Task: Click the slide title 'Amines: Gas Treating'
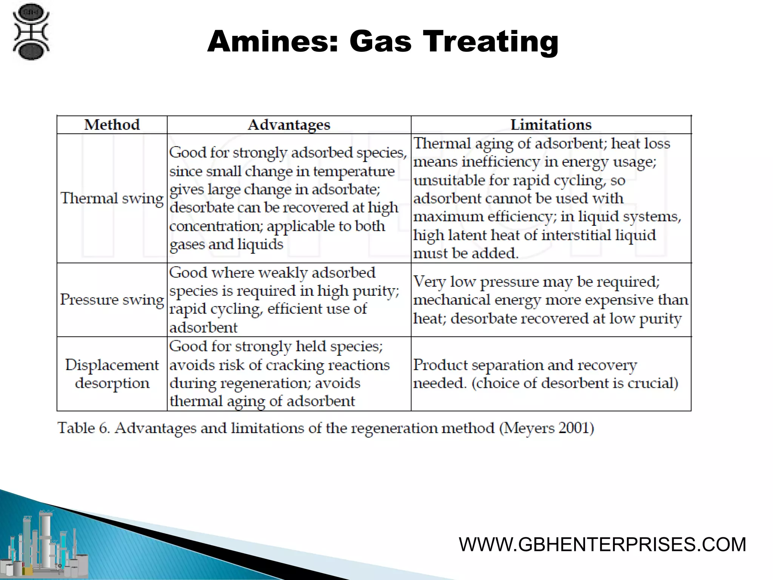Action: coord(383,42)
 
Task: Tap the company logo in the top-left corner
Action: coord(31,32)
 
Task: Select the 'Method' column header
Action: coord(112,125)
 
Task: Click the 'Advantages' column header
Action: coord(289,125)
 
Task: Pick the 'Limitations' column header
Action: coord(551,125)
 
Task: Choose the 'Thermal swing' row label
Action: coord(112,198)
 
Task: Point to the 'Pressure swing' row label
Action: coord(112,300)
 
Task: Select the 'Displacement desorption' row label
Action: coord(112,374)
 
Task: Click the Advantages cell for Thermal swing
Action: coord(288,198)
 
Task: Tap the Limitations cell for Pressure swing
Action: coord(550,300)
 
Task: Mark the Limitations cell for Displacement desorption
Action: coord(545,374)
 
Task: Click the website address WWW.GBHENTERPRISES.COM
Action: coord(602,545)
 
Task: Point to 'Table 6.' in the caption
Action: coord(83,428)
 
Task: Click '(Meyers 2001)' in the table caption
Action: coord(547,428)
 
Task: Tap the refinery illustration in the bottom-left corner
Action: coord(45,544)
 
